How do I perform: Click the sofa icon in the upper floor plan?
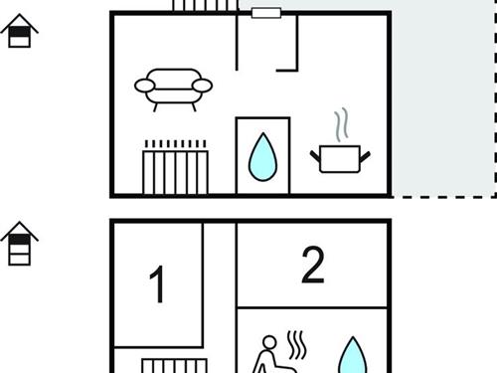(173, 90)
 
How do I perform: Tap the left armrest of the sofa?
(144, 86)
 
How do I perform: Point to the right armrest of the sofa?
(202, 86)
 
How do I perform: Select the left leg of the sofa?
(155, 107)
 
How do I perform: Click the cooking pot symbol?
(340, 158)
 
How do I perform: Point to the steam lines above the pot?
(341, 124)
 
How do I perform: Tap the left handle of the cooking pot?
(315, 156)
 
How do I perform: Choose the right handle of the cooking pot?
(365, 156)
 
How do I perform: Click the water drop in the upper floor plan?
(262, 158)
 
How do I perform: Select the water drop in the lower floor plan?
(353, 356)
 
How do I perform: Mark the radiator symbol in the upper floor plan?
(175, 167)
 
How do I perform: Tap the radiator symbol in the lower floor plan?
(175, 366)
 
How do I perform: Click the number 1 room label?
(157, 284)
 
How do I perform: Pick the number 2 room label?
(313, 265)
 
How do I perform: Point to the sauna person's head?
(269, 343)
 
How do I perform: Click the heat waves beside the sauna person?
(296, 345)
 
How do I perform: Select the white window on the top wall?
(266, 13)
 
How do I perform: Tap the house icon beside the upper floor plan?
(19, 31)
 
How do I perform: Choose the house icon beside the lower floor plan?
(19, 244)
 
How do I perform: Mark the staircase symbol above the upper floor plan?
(206, 5)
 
